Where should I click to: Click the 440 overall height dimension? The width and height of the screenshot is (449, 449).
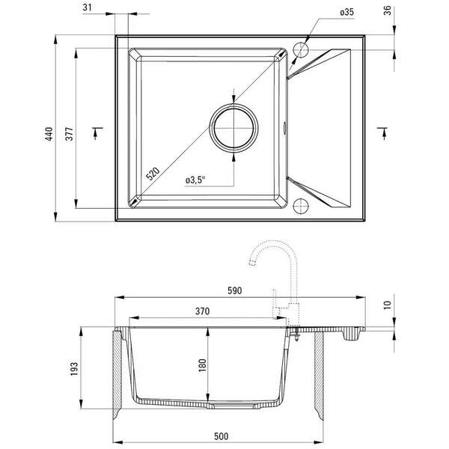click(x=49, y=134)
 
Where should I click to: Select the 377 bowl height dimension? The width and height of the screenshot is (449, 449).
click(x=70, y=134)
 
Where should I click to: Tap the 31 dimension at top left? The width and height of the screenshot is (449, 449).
click(x=87, y=7)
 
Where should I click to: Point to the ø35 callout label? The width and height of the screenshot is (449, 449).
click(x=346, y=12)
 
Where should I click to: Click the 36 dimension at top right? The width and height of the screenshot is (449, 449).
click(x=387, y=10)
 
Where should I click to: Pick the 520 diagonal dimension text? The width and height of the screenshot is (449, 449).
click(x=153, y=174)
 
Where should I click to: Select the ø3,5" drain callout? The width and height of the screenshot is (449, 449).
click(x=195, y=180)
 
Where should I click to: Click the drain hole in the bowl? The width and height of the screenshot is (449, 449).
click(x=233, y=128)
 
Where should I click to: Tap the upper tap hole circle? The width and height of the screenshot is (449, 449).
click(x=301, y=50)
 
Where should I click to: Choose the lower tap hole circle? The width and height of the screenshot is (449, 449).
click(x=301, y=206)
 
